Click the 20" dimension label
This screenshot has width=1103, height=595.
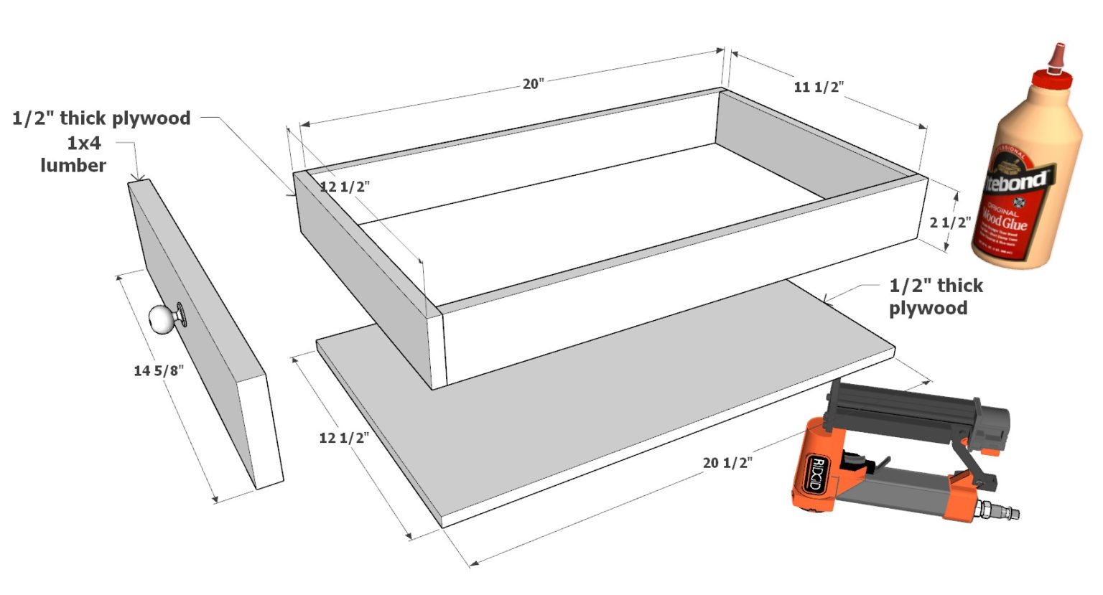[533, 84]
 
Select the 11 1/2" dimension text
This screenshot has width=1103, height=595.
[818, 87]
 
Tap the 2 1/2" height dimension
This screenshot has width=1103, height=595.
[950, 222]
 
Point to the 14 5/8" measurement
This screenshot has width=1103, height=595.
[159, 370]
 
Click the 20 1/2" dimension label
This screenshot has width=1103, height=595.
[727, 463]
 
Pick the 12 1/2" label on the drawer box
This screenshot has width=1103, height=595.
[345, 187]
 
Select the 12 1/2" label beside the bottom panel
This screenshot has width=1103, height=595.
[344, 438]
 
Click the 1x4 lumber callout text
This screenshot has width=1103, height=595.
[74, 154]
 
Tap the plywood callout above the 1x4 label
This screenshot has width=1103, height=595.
[101, 118]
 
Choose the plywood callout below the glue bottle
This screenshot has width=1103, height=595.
[935, 296]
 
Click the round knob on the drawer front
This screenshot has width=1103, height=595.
[161, 318]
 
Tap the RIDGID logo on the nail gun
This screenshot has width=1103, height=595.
[815, 474]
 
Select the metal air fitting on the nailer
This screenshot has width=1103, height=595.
[1001, 510]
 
